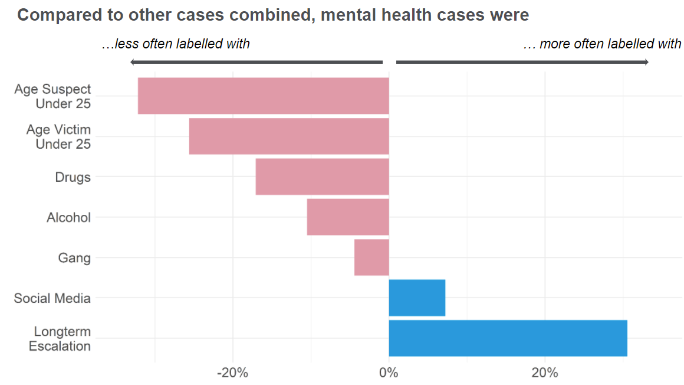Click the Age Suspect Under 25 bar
(x=264, y=96)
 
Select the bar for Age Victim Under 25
(x=289, y=136)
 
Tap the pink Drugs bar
(x=323, y=177)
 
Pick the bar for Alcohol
(x=348, y=217)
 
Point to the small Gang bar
(x=371, y=257)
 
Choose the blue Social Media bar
(x=417, y=298)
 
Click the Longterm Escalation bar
(x=508, y=338)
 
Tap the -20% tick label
(x=232, y=373)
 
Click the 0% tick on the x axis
(x=389, y=373)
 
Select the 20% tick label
(x=545, y=373)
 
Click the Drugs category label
(x=73, y=177)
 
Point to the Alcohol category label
(x=69, y=218)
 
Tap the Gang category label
(x=75, y=258)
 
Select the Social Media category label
(x=52, y=298)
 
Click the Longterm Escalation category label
(x=60, y=339)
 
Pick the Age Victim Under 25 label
(x=58, y=137)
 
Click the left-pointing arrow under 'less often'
(x=256, y=62)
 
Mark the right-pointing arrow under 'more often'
(x=522, y=62)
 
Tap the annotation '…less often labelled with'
(x=176, y=44)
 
